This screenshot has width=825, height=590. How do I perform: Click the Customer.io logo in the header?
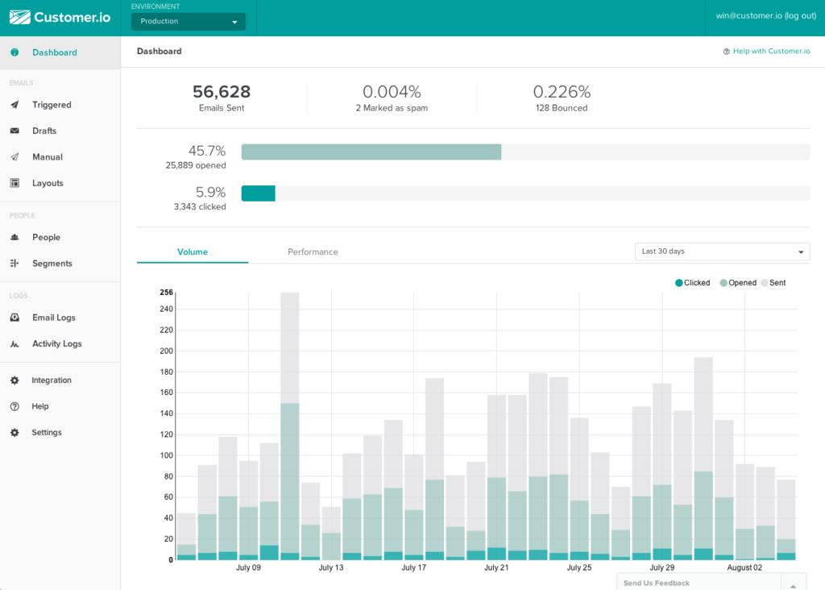pos(60,18)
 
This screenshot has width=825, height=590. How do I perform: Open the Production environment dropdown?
pos(189,22)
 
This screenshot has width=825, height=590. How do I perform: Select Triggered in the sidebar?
pos(52,105)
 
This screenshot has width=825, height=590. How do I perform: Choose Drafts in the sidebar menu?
pos(44,131)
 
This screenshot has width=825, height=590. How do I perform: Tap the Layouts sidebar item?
pos(48,183)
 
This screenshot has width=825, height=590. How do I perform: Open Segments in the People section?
pos(52,264)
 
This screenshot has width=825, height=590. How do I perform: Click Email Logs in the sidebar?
pos(53,318)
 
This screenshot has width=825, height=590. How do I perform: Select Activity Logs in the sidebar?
pos(56,343)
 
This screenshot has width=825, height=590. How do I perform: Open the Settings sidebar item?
pos(46,432)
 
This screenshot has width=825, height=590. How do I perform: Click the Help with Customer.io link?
pos(771,52)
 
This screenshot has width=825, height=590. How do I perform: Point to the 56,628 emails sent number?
pos(222,92)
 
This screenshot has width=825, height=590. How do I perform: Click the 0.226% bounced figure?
pos(562,92)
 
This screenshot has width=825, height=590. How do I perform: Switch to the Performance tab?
pos(313,252)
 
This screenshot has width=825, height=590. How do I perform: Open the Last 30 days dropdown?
pos(722,251)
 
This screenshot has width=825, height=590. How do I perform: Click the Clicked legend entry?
pos(692,283)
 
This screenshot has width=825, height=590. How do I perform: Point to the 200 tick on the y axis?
pos(167,351)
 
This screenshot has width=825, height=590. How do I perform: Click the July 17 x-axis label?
pos(413,567)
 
